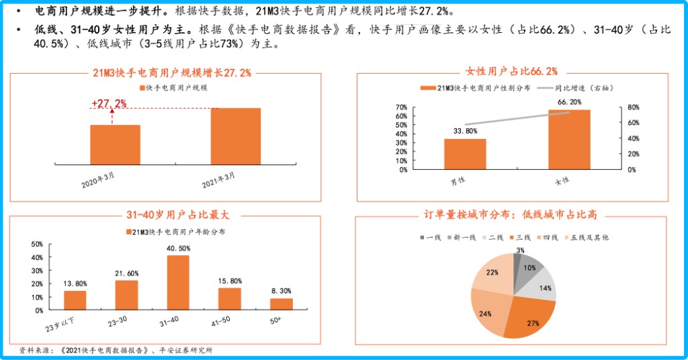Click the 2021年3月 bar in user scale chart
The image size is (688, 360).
(235, 136)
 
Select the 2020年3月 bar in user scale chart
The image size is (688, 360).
(115, 144)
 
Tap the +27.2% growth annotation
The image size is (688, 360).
(109, 103)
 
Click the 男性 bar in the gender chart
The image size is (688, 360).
(464, 154)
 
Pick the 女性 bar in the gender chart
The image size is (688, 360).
(569, 139)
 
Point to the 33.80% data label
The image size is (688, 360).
(465, 131)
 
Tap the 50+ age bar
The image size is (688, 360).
(282, 304)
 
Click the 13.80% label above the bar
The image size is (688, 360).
(75, 283)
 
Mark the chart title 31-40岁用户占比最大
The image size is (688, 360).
(177, 215)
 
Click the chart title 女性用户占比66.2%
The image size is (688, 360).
(511, 71)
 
